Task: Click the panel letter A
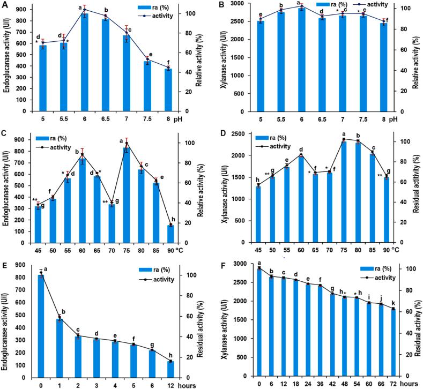pyautogui.click(x=5, y=6)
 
